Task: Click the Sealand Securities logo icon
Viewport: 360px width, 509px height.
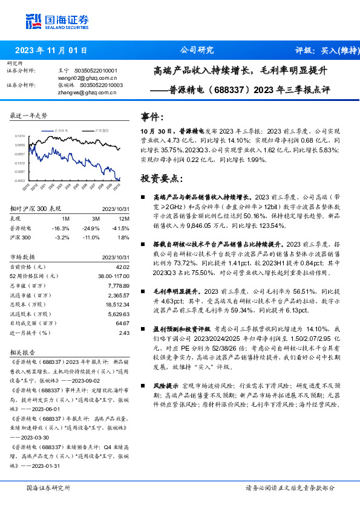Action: [x=34, y=21]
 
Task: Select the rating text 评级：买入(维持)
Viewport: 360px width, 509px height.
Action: [x=326, y=50]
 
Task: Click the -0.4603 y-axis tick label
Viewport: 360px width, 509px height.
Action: [x=20, y=180]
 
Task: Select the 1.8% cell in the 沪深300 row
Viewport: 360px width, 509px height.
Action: [x=123, y=238]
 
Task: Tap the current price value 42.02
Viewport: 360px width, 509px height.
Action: [x=122, y=267]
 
